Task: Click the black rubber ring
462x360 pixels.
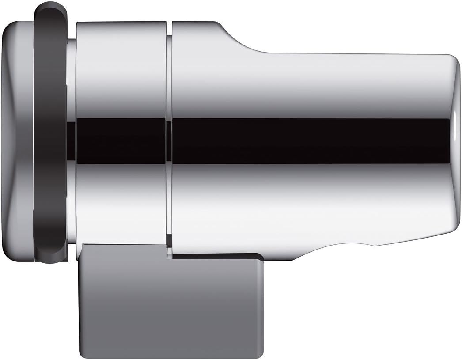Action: tap(50, 133)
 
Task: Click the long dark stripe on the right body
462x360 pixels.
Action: tap(309, 140)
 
